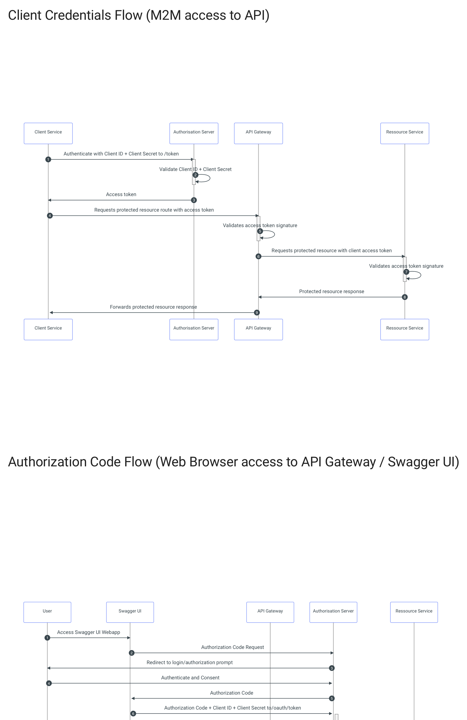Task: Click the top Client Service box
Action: tap(48, 133)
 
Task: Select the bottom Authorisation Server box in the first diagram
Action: tap(193, 329)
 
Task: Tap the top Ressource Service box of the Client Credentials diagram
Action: tap(404, 133)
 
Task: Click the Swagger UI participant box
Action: tap(130, 612)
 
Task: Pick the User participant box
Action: tap(47, 612)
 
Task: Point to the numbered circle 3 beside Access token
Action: tap(194, 200)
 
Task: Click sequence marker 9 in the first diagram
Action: tap(257, 313)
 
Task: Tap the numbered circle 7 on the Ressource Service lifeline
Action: tap(406, 272)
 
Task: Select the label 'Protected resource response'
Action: tap(332, 291)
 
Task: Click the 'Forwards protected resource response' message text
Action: tap(153, 307)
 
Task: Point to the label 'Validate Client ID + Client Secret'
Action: tap(195, 169)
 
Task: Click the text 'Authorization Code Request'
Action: tap(232, 647)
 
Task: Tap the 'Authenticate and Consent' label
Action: tap(190, 678)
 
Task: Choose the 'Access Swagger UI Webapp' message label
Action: tap(88, 632)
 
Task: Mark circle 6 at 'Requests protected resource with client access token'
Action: tap(258, 256)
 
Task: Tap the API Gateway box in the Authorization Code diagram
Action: tap(270, 612)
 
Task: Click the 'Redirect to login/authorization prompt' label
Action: tap(189, 662)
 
